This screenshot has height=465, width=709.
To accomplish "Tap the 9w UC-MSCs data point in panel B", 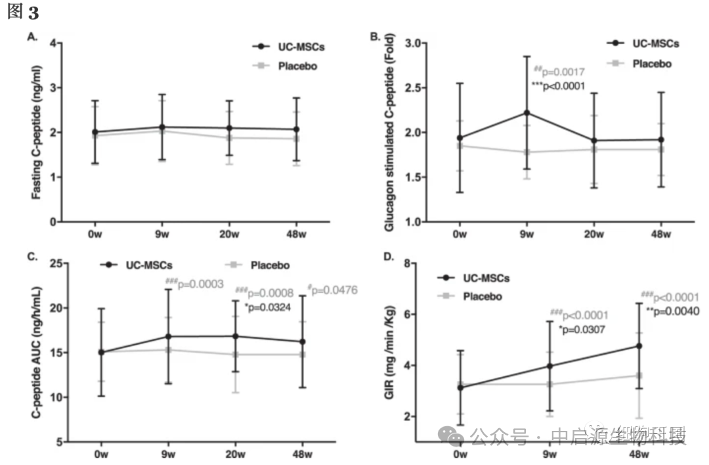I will [526, 112].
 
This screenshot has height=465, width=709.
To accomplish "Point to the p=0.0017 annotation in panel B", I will [558, 71].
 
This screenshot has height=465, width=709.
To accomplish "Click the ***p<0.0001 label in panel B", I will [558, 86].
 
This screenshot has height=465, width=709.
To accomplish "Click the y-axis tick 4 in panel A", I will [53, 43].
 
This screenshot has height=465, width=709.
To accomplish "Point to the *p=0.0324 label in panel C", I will [263, 305].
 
